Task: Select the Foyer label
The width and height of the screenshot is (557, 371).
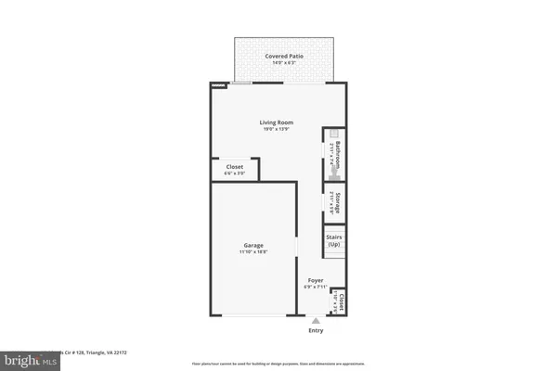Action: coord(315,280)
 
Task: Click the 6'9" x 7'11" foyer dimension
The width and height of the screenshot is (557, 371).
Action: coord(315,287)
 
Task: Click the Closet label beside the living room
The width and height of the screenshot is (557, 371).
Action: coord(235,167)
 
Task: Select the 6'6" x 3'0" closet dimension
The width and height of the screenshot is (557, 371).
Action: coord(235,173)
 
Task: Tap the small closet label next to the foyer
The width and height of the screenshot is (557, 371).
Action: coord(343,301)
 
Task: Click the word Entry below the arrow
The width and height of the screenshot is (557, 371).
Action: coord(316,330)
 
